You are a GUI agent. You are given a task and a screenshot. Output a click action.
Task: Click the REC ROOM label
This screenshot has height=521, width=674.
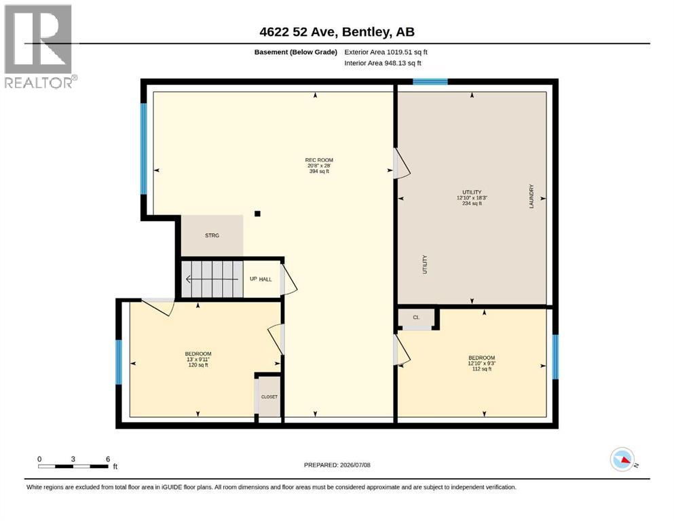point(319,160)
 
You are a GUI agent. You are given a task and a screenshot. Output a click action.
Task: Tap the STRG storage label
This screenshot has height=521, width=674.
point(212,235)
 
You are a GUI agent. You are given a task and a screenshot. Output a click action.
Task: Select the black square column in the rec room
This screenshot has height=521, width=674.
point(257,214)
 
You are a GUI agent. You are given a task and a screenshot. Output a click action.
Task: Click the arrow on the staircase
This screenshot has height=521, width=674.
point(212,279)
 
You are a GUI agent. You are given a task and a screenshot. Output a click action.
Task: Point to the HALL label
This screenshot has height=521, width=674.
point(265,279)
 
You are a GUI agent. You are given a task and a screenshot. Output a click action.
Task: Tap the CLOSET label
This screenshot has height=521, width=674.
point(269,397)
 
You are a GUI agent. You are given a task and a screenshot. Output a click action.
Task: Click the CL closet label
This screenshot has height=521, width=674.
point(416,317)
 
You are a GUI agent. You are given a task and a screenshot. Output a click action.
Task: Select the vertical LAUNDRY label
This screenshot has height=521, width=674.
point(531,196)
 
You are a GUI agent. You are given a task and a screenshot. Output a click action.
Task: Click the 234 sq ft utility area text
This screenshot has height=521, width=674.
point(472,204)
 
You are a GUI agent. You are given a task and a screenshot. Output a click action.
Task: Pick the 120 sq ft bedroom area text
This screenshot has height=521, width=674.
point(198,365)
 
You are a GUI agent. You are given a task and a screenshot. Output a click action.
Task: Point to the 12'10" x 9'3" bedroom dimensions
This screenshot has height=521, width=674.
point(482,364)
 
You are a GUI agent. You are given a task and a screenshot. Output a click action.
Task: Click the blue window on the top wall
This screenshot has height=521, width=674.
point(430,81)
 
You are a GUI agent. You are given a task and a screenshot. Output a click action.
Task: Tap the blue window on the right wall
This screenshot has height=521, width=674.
point(555,357)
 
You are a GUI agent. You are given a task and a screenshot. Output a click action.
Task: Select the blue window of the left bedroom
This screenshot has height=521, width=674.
point(119,362)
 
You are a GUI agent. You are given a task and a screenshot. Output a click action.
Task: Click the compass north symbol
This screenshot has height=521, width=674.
point(622,459)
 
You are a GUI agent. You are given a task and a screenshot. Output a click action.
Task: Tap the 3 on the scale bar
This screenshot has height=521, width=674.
point(73,459)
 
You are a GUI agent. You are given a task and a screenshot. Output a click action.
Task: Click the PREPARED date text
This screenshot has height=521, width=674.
point(337,465)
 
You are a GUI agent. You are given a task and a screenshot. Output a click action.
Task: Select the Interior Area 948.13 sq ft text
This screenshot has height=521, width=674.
point(383,63)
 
